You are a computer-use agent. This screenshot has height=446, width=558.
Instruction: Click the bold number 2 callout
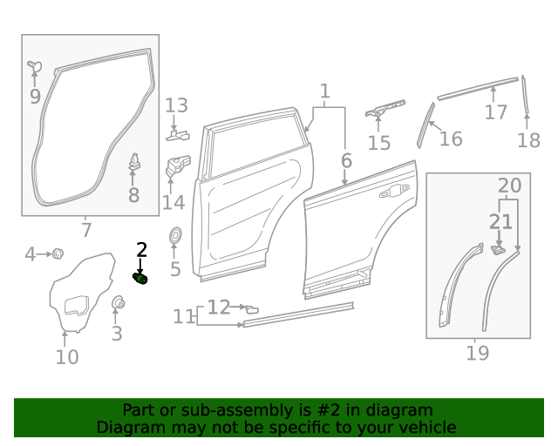click(x=141, y=250)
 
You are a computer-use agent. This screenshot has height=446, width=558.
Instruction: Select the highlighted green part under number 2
click(x=140, y=278)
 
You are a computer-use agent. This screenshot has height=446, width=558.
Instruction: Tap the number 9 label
click(x=35, y=96)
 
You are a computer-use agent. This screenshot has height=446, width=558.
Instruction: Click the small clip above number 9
click(x=34, y=65)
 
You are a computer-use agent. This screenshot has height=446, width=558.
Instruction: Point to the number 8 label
click(x=133, y=195)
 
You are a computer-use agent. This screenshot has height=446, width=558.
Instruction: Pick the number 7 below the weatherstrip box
click(x=85, y=231)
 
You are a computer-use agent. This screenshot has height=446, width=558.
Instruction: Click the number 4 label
click(x=31, y=254)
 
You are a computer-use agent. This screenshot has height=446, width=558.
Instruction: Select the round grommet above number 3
click(x=117, y=302)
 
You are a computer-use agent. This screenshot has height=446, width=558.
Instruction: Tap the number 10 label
click(x=67, y=356)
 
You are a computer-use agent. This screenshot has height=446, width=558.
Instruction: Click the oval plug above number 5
click(x=174, y=234)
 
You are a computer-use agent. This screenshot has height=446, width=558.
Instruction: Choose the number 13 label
click(x=177, y=106)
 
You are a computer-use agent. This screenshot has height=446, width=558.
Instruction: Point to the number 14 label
click(x=174, y=202)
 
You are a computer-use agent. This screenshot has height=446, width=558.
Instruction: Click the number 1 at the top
click(x=324, y=91)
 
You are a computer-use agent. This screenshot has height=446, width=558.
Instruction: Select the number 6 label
click(x=346, y=160)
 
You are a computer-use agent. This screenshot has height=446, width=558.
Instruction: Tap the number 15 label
click(x=379, y=143)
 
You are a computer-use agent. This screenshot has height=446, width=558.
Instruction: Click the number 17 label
click(x=496, y=112)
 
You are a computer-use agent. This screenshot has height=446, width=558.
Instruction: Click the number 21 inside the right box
click(x=500, y=222)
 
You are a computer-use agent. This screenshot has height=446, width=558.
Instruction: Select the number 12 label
click(x=219, y=307)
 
